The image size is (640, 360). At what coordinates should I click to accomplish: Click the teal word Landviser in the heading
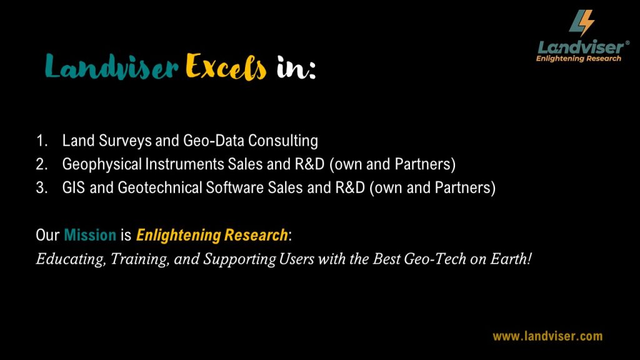click(111, 66)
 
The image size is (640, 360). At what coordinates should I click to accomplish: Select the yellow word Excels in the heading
click(226, 66)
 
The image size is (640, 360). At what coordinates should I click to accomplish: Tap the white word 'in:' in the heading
click(296, 67)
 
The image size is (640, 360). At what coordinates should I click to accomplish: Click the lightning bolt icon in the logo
click(582, 23)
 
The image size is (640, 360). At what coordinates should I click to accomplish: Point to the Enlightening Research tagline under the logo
click(578, 59)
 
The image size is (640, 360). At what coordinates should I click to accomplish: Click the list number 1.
click(42, 141)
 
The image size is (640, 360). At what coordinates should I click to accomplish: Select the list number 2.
click(42, 164)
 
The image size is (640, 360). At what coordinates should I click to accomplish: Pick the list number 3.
click(42, 188)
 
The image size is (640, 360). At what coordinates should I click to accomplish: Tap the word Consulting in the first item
click(283, 141)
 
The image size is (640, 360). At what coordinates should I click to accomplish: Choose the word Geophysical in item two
click(102, 164)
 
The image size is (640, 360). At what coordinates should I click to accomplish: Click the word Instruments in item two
click(184, 164)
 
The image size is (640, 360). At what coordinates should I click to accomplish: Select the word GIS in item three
click(74, 188)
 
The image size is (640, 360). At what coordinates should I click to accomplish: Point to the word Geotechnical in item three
click(159, 188)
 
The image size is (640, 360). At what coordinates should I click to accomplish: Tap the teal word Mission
click(90, 235)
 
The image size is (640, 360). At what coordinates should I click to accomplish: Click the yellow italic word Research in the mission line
click(256, 235)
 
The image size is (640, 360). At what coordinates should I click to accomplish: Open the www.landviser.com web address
click(547, 336)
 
